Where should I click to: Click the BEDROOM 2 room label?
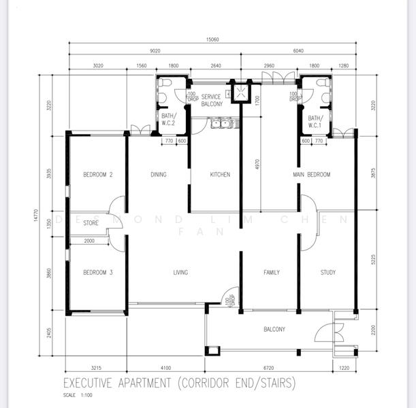pos(97,175)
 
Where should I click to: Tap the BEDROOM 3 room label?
pos(97,273)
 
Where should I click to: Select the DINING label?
pos(158,175)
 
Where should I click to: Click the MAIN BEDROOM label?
pos(311,175)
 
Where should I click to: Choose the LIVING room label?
pos(180,273)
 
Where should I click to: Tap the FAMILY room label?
pos(271,273)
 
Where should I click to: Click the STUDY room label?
pos(327,273)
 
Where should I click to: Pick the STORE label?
pos(91,222)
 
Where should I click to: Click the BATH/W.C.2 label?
pos(168,120)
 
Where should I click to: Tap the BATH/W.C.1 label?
pos(315,121)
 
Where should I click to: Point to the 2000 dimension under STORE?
pos(90,241)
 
